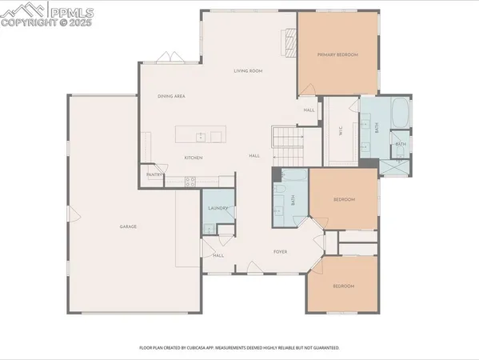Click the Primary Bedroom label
coord(337,54)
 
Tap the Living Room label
coord(248,71)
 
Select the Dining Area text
coord(172,96)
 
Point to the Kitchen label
coord(194,158)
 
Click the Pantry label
coord(154,174)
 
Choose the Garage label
coord(128,227)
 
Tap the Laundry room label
coord(218,209)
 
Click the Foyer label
coord(280,252)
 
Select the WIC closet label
coord(341,133)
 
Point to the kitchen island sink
coord(199,134)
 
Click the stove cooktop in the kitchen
coord(190,182)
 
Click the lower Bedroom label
coord(343,286)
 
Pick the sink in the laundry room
coord(208,228)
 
